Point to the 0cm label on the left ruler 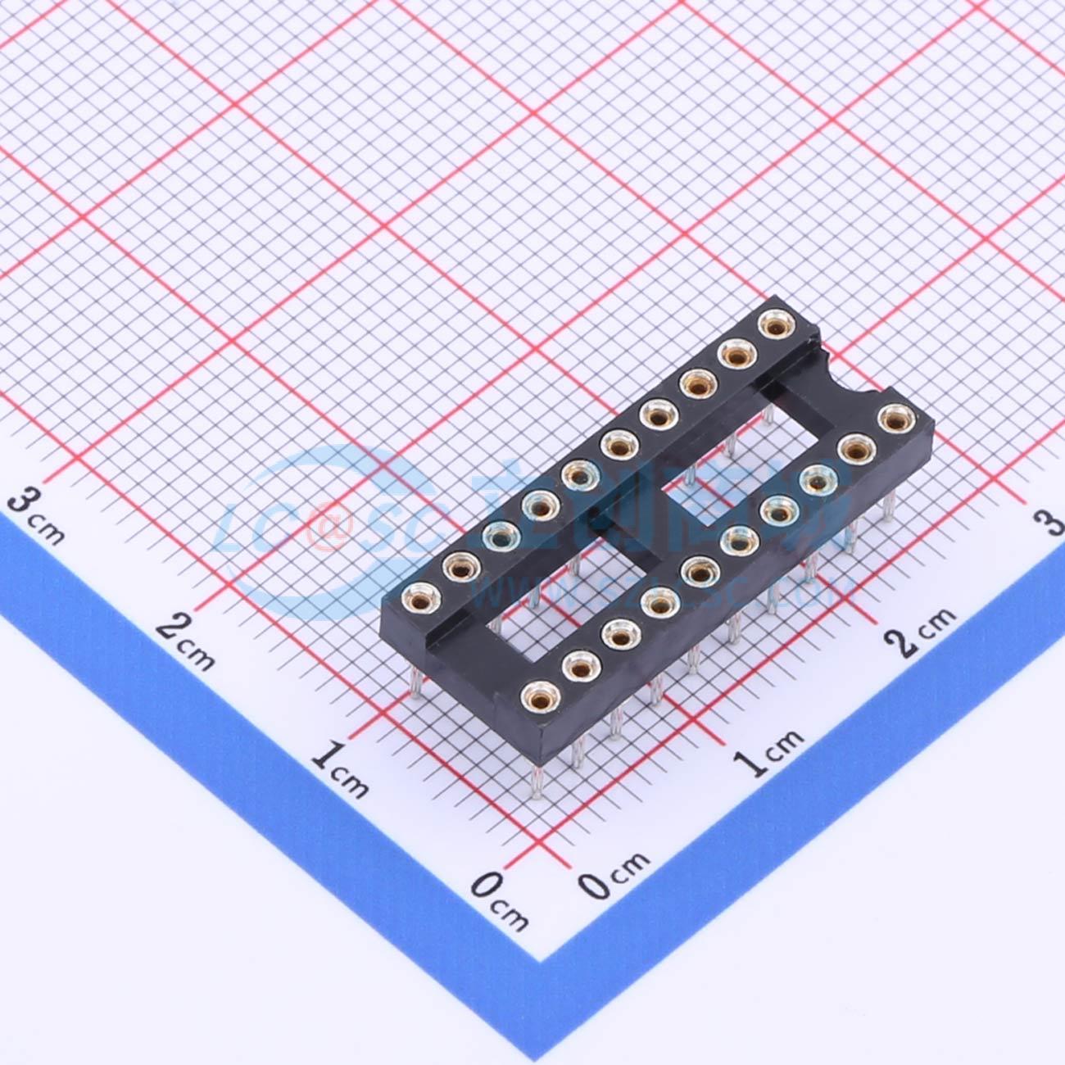point(500,900)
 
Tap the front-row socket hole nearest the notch point(895,419)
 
